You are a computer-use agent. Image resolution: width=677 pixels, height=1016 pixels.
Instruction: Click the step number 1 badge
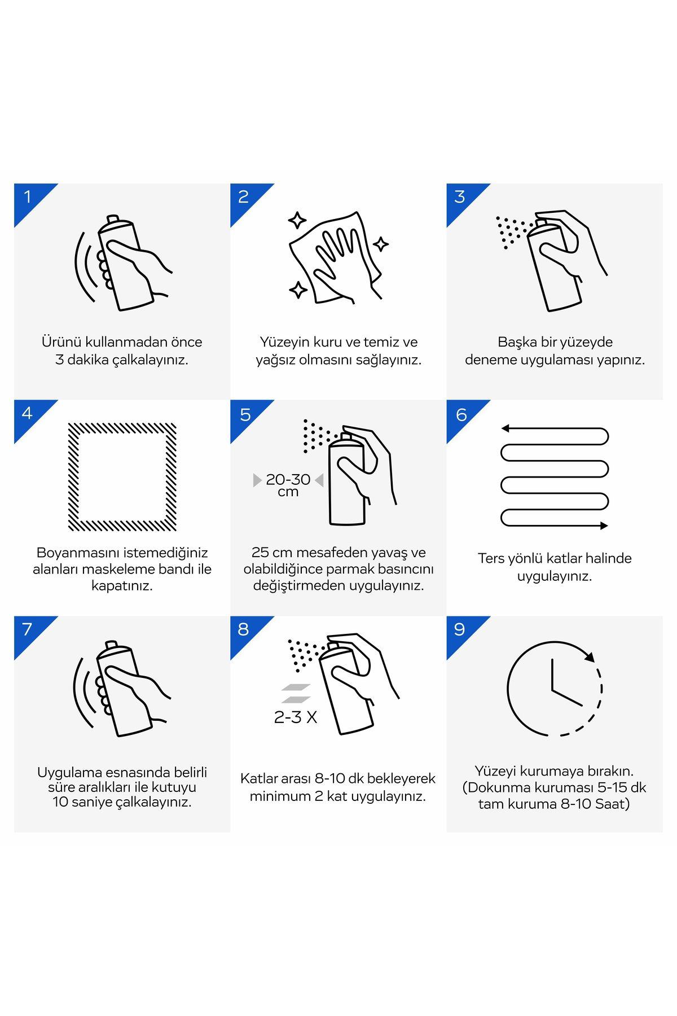tap(29, 197)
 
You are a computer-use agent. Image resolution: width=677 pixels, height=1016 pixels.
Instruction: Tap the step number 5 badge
tap(245, 414)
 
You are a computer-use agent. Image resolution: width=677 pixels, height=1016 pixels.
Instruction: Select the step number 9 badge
tap(461, 630)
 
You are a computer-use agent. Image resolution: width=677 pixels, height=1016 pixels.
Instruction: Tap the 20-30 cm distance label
tap(288, 485)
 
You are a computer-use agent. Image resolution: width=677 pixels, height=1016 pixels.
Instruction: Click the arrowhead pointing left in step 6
tap(505, 428)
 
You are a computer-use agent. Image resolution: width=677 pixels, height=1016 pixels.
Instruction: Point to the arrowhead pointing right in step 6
tap(604, 525)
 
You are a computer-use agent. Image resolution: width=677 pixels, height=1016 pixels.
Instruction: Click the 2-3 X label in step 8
tap(296, 717)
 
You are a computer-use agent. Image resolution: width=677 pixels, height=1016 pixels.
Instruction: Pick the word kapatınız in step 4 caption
tap(122, 585)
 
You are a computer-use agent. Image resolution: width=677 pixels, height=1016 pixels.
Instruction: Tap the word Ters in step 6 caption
tap(492, 558)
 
